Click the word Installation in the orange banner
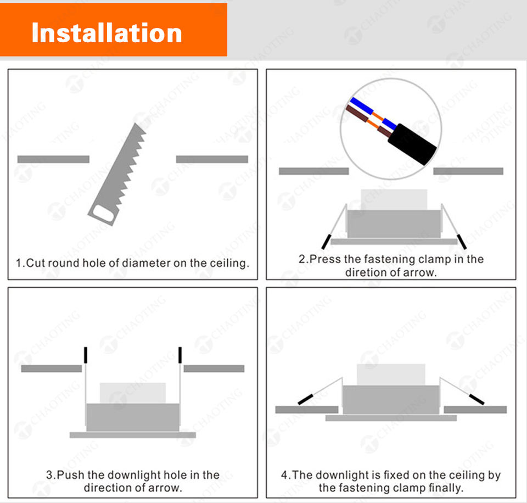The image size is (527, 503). tap(106, 32)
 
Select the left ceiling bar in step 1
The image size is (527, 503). tap(53, 159)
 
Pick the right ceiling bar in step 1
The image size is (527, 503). tap(212, 159)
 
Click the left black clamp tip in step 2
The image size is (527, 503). tap(326, 240)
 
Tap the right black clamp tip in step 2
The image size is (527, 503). tap(462, 240)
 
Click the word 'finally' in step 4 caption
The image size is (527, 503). tap(444, 488)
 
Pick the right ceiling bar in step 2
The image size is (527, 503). tap(468, 171)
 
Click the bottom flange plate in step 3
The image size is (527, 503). tap(132, 435)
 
